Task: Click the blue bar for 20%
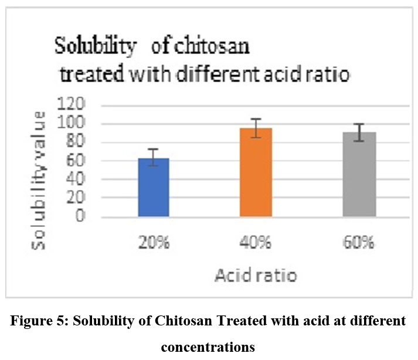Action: pyautogui.click(x=154, y=187)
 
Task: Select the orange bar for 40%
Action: pyautogui.click(x=257, y=172)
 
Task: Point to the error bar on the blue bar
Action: pyautogui.click(x=154, y=157)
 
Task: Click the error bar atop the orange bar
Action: pyautogui.click(x=257, y=128)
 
